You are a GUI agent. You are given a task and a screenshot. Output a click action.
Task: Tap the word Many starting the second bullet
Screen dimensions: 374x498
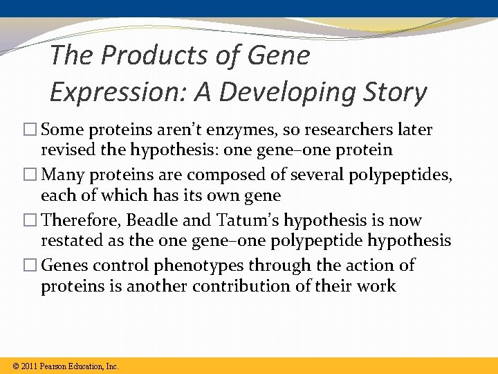click(62, 175)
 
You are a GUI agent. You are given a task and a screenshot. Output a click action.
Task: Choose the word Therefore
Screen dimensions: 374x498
click(75, 220)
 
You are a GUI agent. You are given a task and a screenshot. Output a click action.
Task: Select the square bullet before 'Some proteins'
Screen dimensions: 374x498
click(32, 130)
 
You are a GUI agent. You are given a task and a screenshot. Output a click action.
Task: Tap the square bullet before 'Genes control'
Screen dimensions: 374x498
click(32, 266)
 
